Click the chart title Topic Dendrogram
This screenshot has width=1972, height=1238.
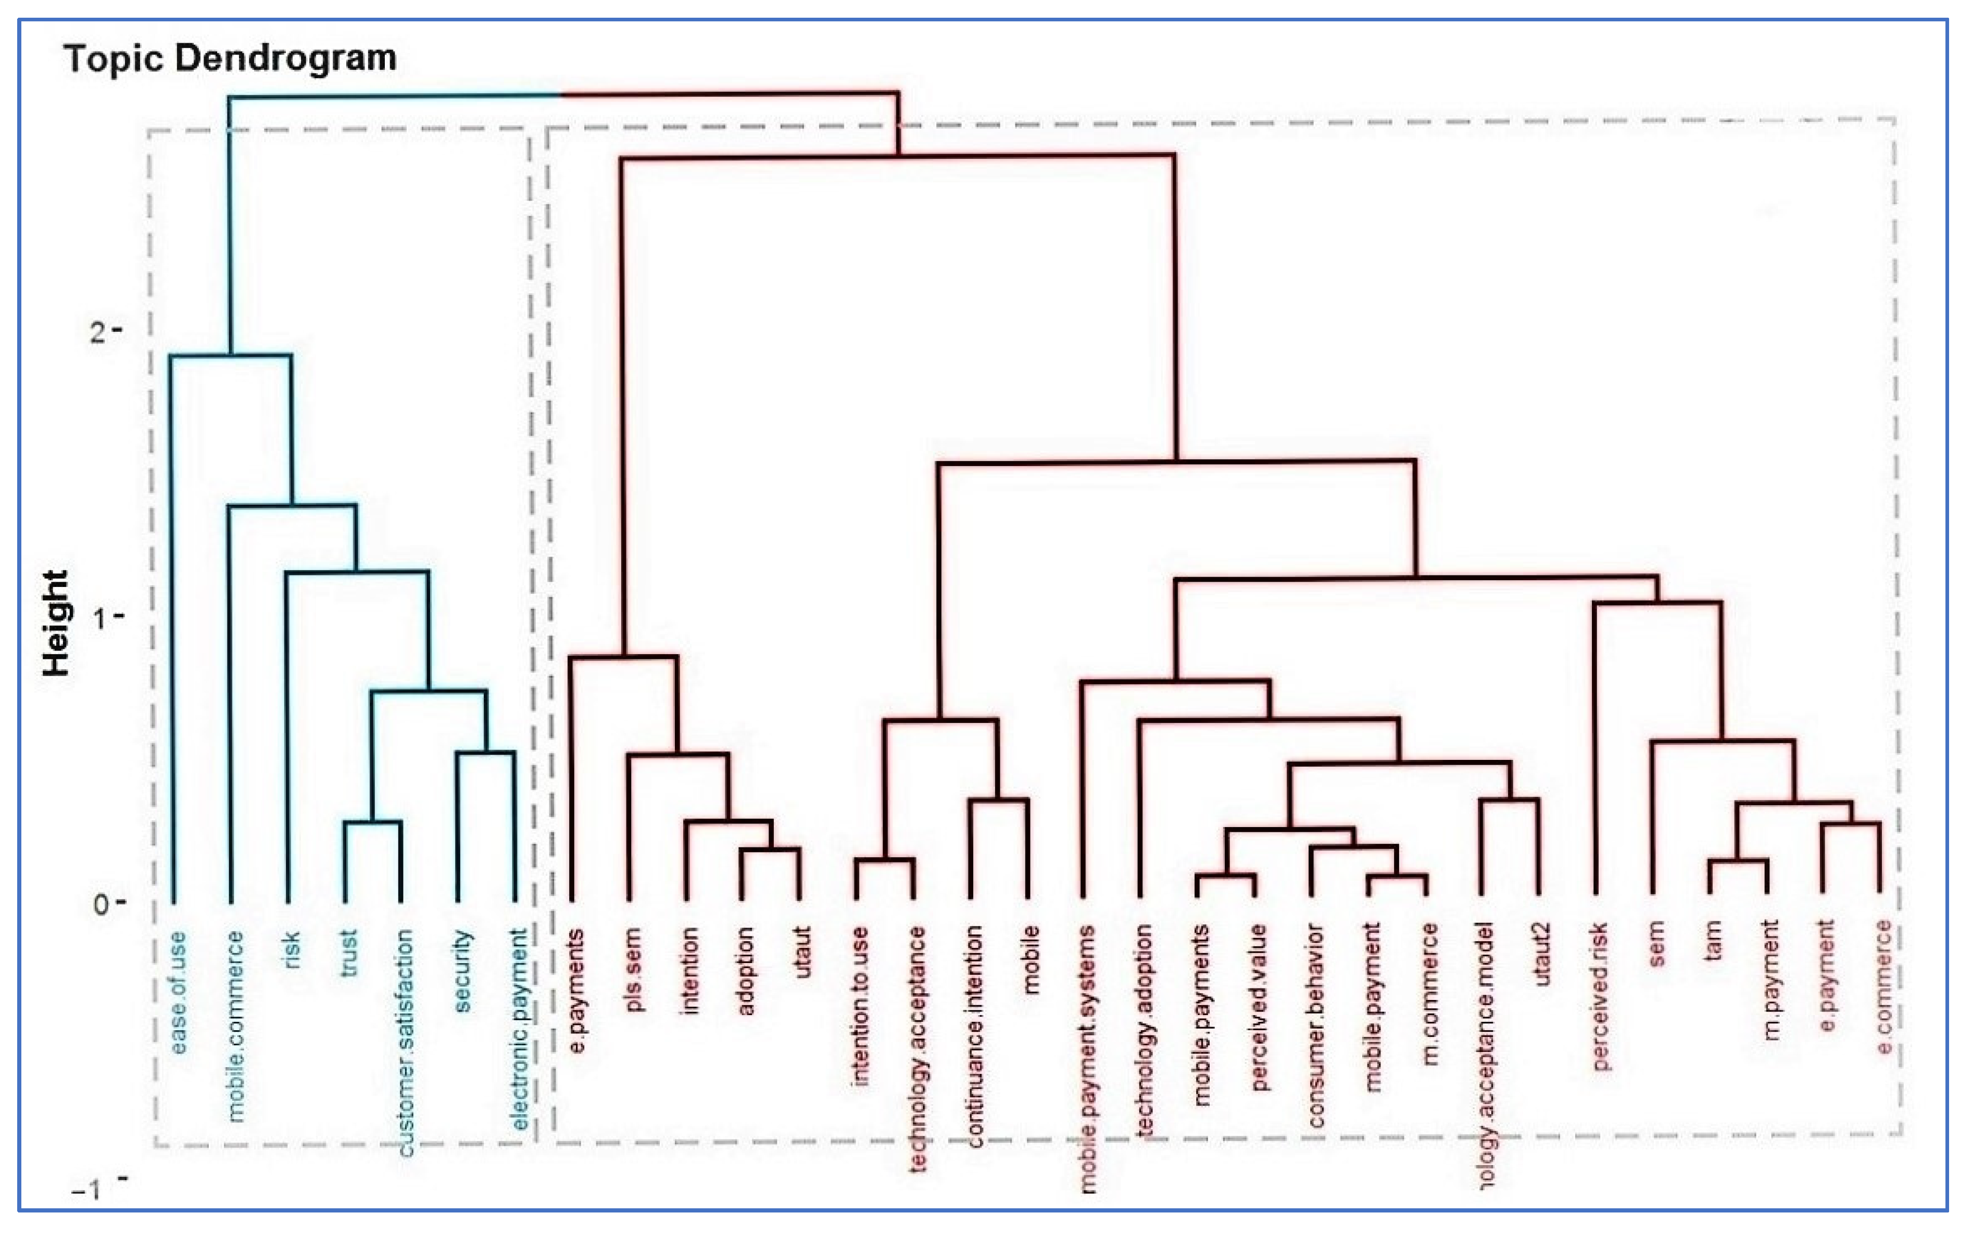click(x=230, y=59)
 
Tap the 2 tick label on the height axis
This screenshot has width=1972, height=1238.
click(x=98, y=332)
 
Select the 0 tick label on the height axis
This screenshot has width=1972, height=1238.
click(x=101, y=904)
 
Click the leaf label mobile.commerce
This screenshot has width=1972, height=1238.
click(x=235, y=1025)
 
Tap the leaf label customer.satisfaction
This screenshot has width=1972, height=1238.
click(x=405, y=1042)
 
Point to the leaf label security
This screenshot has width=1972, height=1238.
click(x=462, y=970)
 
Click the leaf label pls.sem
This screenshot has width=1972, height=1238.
click(x=633, y=969)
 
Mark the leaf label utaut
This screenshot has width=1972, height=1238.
click(x=803, y=952)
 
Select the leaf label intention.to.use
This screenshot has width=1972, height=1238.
click(x=860, y=1006)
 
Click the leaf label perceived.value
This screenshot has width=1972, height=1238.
click(x=1259, y=1007)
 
